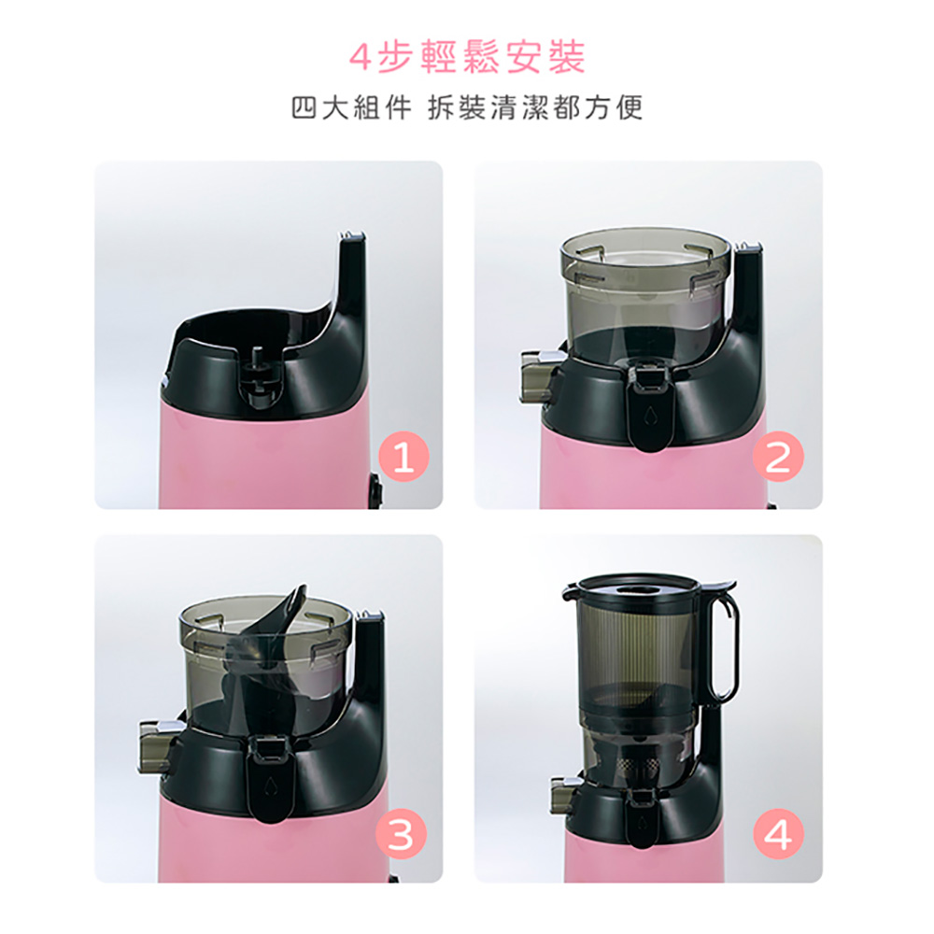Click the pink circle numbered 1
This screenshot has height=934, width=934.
coord(403,457)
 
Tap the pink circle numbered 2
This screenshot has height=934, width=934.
coord(778,457)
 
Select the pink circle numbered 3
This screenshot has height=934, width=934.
coord(401,833)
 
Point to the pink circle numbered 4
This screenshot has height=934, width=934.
coord(778,833)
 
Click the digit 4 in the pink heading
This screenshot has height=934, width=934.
coord(360,58)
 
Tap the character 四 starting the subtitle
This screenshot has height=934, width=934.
coord(304,107)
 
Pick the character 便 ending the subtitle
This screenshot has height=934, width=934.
coord(630,107)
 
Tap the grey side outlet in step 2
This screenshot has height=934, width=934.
coord(537,376)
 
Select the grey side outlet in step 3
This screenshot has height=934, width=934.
coord(157,745)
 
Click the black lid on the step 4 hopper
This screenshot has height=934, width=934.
coord(637,589)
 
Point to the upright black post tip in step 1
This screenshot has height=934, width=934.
coord(352,237)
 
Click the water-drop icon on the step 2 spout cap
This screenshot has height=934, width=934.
coord(650,416)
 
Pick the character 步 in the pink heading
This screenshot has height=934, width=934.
coord(395,58)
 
